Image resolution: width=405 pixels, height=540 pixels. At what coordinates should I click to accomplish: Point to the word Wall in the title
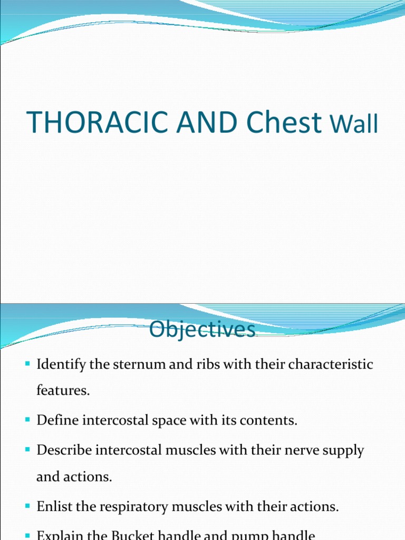click(x=354, y=126)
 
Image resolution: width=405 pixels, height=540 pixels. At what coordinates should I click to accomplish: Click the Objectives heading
click(x=202, y=330)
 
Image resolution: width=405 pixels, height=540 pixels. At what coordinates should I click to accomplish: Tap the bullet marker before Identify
click(x=28, y=364)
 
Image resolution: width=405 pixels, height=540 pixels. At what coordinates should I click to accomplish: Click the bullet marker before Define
click(x=28, y=420)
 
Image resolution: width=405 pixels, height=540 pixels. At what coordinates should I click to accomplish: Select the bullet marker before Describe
click(x=28, y=450)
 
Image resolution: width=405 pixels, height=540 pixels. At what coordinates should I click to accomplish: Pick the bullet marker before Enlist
click(x=28, y=507)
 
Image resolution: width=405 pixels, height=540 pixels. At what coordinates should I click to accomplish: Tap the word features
click(x=60, y=391)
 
